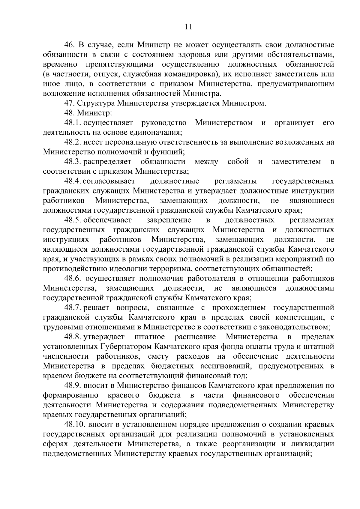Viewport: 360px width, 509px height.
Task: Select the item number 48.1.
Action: point(73,123)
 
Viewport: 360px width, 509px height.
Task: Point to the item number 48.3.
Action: point(73,162)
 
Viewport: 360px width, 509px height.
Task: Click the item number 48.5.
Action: point(73,220)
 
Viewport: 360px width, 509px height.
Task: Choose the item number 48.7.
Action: point(73,308)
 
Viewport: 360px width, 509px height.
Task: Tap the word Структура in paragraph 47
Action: point(95,103)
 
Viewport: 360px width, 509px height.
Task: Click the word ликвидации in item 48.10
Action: point(313,444)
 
